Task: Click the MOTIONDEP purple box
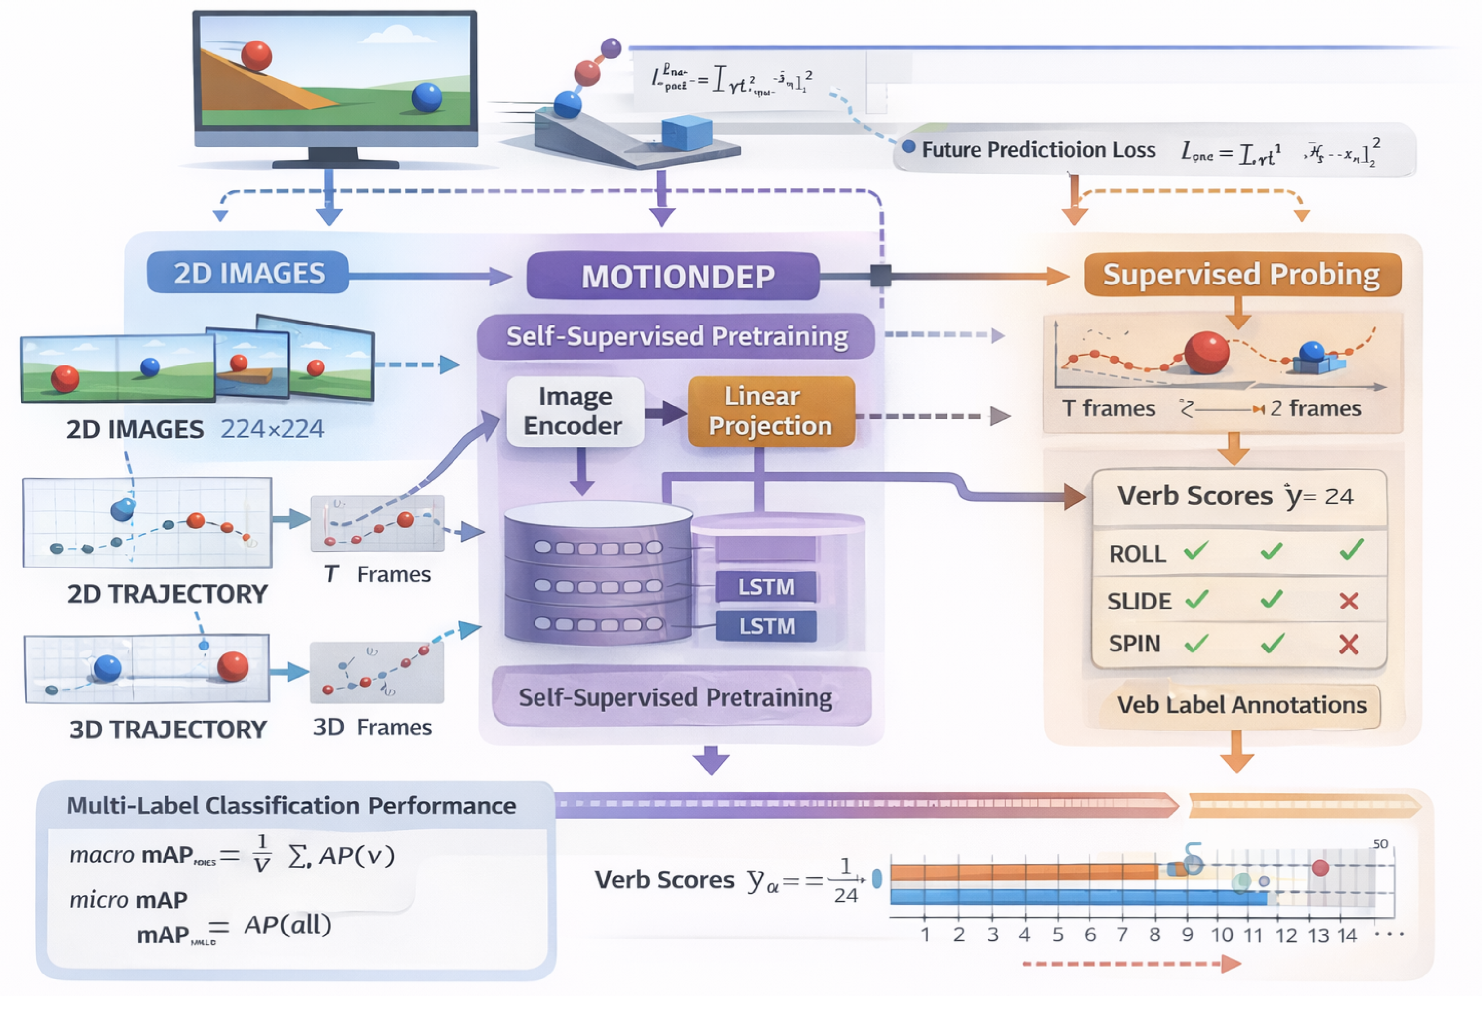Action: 673,276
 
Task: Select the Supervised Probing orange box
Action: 1242,275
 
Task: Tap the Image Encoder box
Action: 575,411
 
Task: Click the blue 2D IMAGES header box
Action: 248,273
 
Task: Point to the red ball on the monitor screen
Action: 256,55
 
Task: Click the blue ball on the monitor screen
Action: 427,97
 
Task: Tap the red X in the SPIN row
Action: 1348,645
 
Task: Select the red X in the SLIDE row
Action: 1348,601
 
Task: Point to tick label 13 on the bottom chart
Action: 1318,935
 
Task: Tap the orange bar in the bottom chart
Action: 1024,872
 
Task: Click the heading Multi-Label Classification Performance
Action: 291,806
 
